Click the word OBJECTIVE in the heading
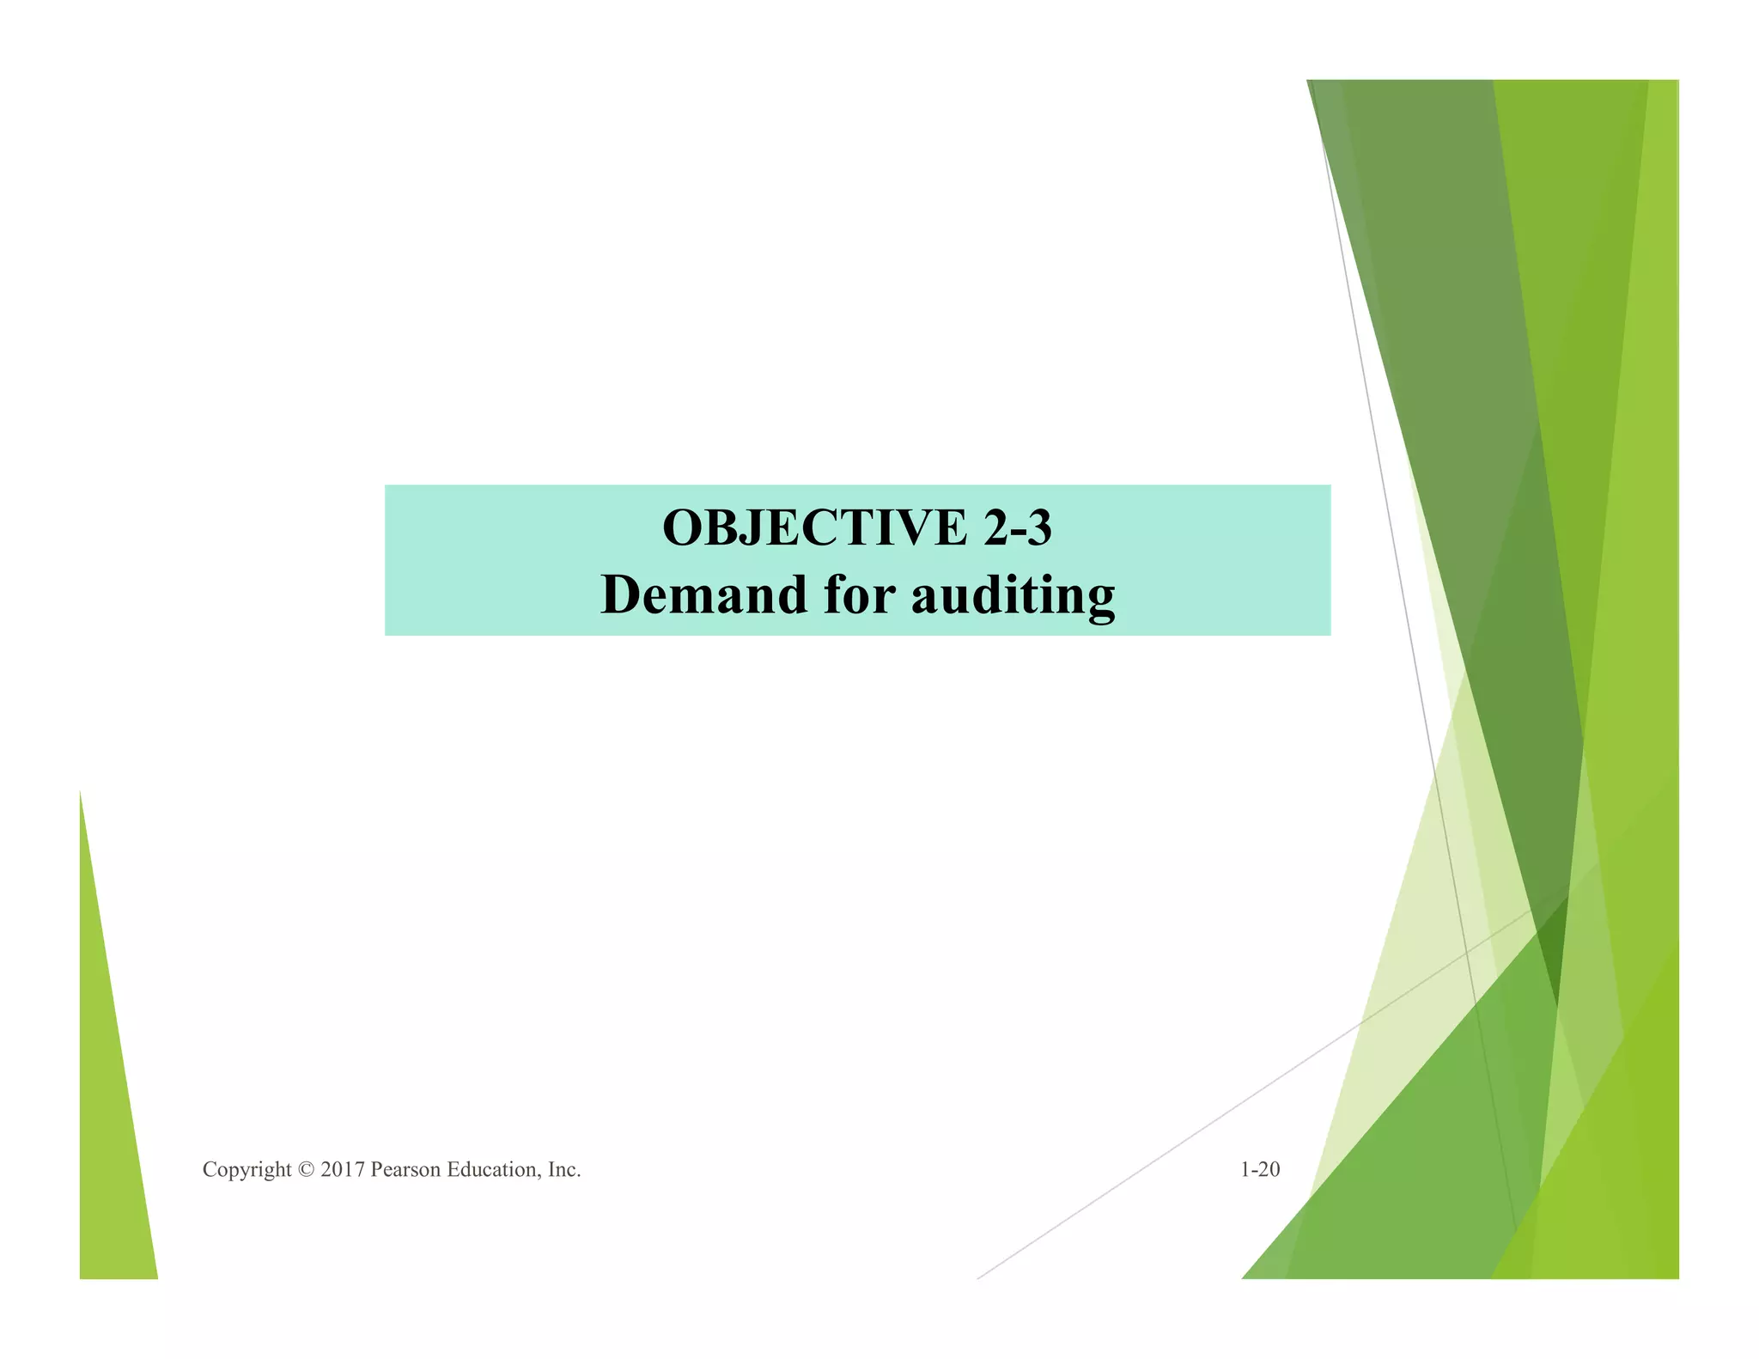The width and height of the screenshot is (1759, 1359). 814,527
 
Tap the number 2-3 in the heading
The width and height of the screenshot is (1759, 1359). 1018,527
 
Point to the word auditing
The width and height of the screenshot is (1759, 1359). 1013,596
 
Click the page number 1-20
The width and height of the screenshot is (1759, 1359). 1259,1169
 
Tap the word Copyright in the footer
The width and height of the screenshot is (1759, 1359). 247,1170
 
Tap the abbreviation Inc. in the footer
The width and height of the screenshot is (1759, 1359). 564,1170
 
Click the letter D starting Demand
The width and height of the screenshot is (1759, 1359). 621,594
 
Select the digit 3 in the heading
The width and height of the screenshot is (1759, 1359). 1038,527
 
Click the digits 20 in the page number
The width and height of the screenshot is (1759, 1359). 1269,1169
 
